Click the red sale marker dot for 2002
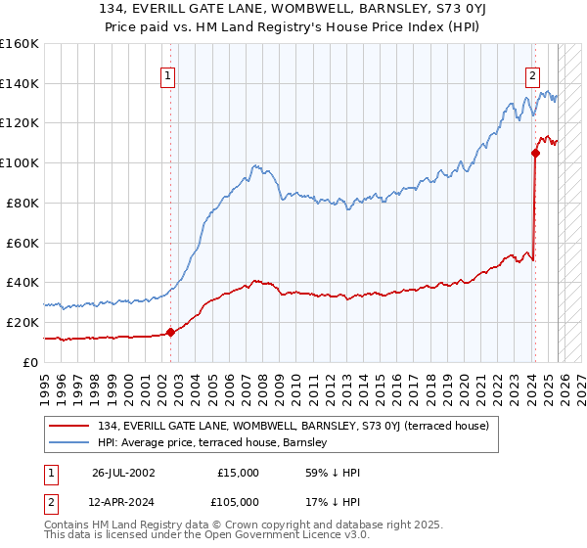coord(170,332)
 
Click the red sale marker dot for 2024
coord(535,153)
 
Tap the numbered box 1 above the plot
coord(168,75)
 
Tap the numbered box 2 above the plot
coord(533,75)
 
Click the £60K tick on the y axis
coord(22,243)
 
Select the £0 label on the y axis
coord(29,362)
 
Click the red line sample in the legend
coord(70,425)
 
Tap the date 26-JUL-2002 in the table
coord(125,472)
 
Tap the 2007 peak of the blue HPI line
coord(254,165)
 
